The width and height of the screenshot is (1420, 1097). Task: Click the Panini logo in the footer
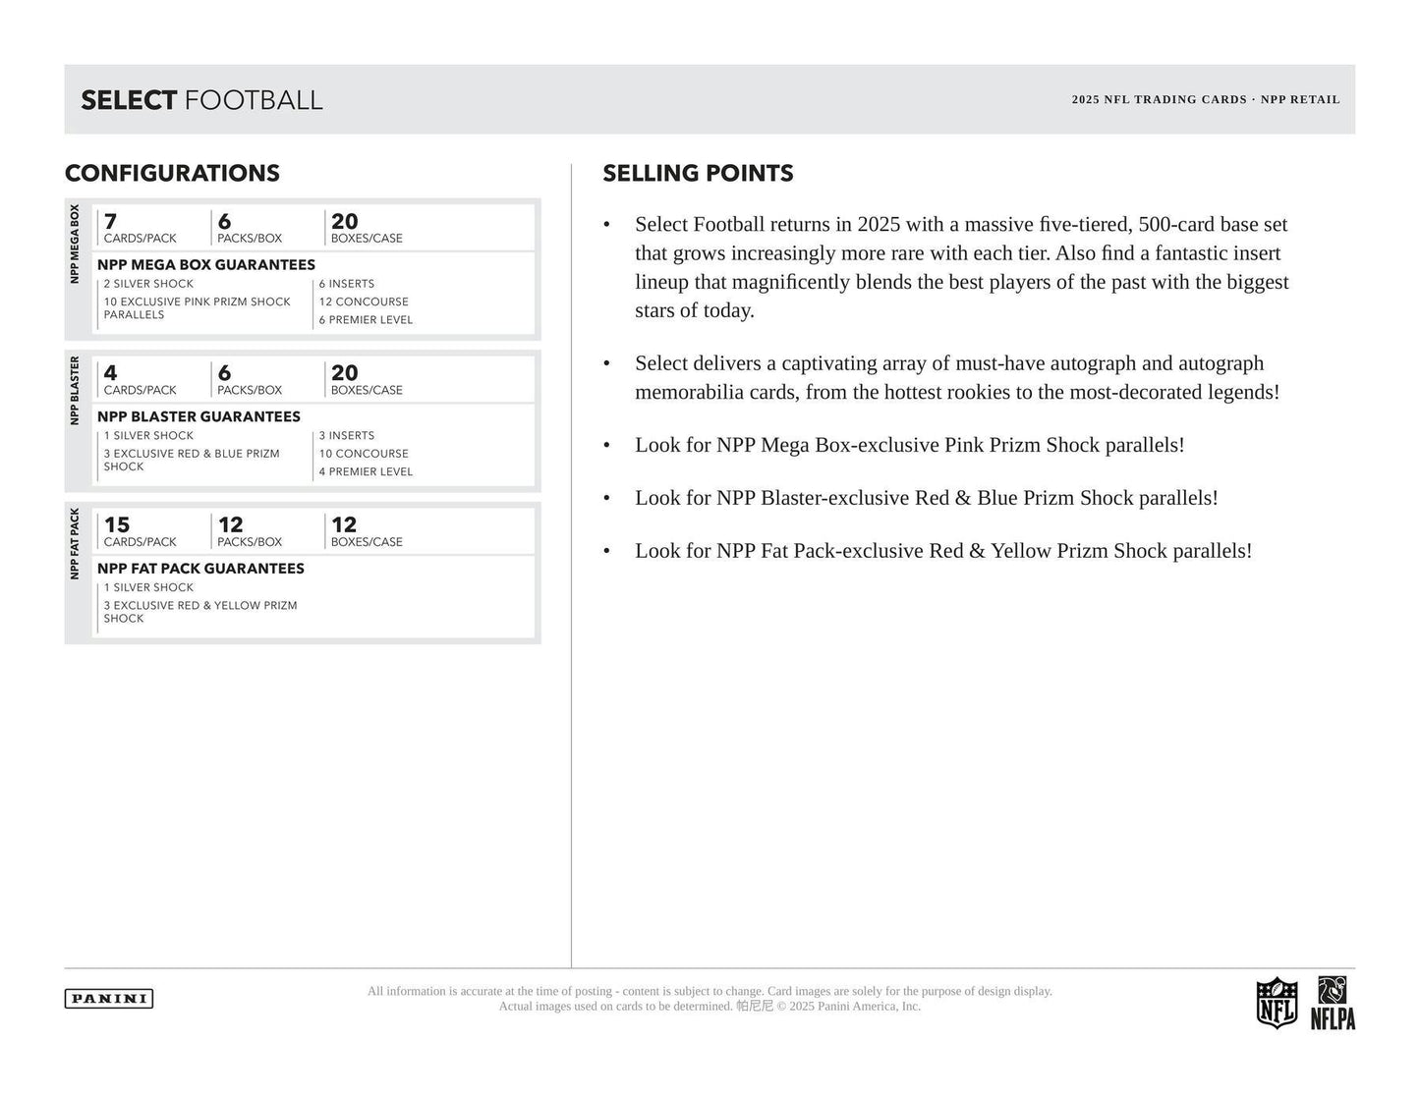[109, 999]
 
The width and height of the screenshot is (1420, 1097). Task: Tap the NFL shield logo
[1277, 1003]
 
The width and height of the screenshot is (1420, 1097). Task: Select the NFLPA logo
[1333, 1004]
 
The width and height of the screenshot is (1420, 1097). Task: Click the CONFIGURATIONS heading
[172, 174]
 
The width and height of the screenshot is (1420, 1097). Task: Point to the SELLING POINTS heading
[698, 174]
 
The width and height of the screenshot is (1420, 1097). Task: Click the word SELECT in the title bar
[129, 100]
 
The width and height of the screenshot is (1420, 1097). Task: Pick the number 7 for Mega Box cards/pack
[110, 222]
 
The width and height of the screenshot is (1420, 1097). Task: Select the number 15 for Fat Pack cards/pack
[117, 525]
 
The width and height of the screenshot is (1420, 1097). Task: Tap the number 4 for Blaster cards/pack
[110, 373]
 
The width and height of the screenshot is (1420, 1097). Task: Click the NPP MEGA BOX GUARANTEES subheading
[206, 265]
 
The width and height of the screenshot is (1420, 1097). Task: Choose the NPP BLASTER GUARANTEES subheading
[199, 416]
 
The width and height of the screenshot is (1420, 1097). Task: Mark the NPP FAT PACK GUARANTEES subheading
[200, 569]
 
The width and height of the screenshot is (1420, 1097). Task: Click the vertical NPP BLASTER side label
[75, 391]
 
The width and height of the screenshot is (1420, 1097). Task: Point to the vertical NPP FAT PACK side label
[75, 543]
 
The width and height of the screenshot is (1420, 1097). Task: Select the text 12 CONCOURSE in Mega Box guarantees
[364, 302]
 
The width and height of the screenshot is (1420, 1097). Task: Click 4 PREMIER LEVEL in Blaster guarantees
[366, 471]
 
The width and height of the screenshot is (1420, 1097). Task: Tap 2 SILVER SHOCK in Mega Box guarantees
[148, 284]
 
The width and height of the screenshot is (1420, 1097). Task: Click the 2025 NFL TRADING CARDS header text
[1159, 99]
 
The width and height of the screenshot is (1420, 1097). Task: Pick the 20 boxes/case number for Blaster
[344, 373]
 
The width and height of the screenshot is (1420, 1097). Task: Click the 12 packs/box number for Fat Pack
[230, 525]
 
